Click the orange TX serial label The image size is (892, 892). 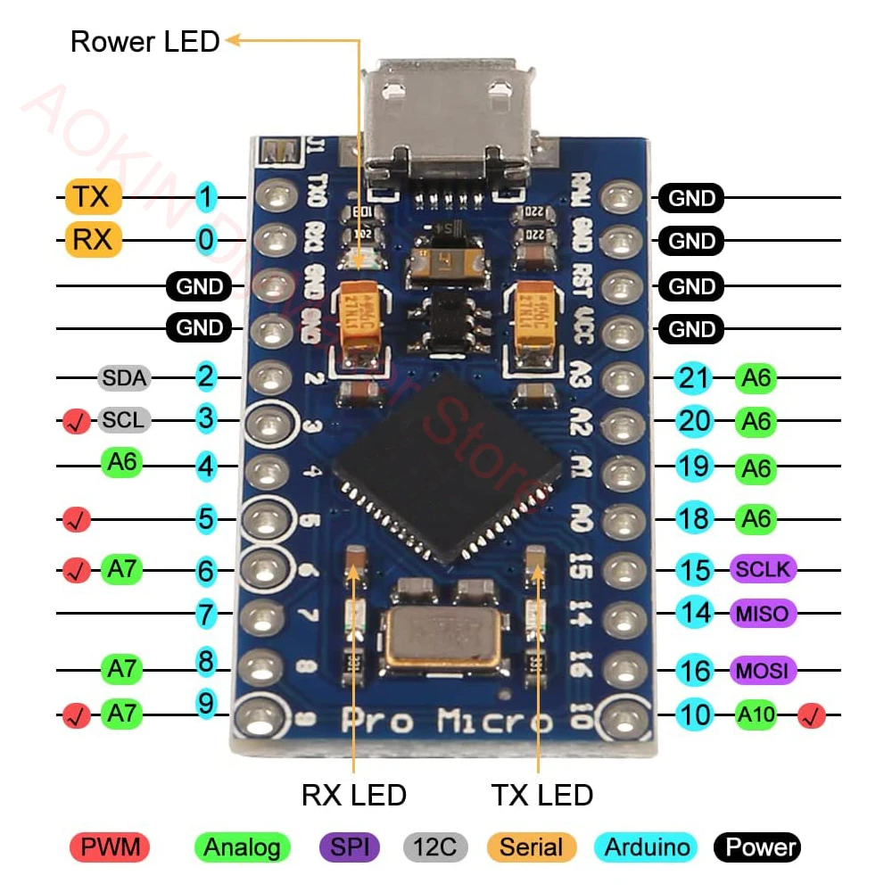pyautogui.click(x=92, y=196)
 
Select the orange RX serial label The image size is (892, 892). pyautogui.click(x=92, y=240)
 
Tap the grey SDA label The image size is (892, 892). pyautogui.click(x=123, y=377)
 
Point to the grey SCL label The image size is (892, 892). pyautogui.click(x=123, y=419)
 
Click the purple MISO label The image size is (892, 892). pyautogui.click(x=763, y=613)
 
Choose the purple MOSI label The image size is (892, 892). pyautogui.click(x=763, y=670)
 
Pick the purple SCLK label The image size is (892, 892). pyautogui.click(x=763, y=568)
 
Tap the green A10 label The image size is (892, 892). pyautogui.click(x=756, y=714)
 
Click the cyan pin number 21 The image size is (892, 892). pyautogui.click(x=693, y=377)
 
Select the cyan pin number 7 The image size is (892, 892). pyautogui.click(x=206, y=614)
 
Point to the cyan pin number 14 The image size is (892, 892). pyautogui.click(x=693, y=613)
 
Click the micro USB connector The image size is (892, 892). pyautogui.click(x=451, y=120)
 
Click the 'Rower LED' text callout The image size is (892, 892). pyautogui.click(x=145, y=41)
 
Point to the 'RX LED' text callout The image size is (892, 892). pyautogui.click(x=353, y=794)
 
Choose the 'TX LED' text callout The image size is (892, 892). pyautogui.click(x=541, y=794)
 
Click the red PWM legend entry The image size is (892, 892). pyautogui.click(x=110, y=847)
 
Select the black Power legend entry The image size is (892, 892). pyautogui.click(x=756, y=847)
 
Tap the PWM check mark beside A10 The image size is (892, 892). pyautogui.click(x=812, y=714)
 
